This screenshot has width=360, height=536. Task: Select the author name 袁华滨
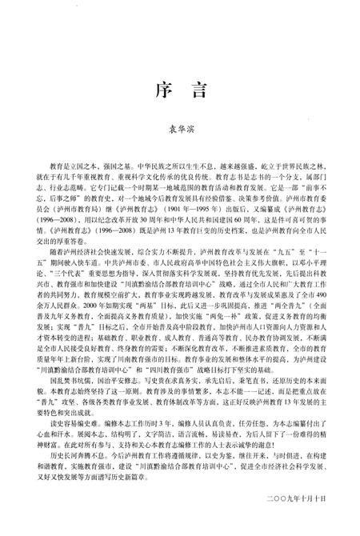tap(180, 136)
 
